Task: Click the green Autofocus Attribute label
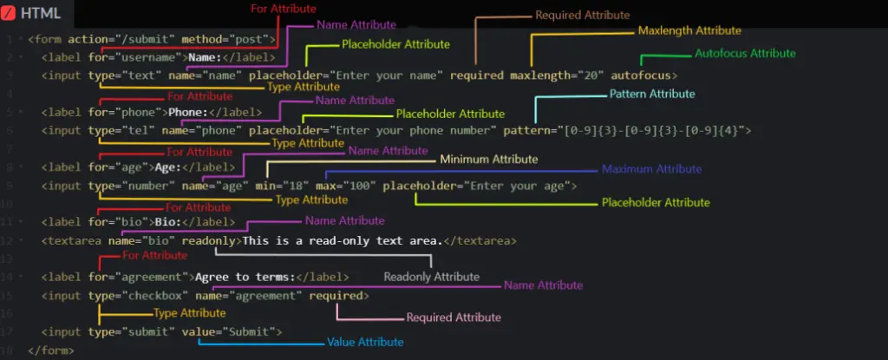coord(745,53)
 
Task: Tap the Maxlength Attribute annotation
coord(689,30)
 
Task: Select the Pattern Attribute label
coord(652,94)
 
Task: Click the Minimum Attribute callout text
coord(489,160)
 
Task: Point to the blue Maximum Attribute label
coord(651,169)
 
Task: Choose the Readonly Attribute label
coord(432,278)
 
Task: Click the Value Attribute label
coord(365,343)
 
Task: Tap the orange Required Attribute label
coord(582,16)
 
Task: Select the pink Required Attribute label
coord(454,317)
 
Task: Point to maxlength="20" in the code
coord(554,75)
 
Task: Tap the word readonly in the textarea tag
coord(208,241)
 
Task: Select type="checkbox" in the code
coord(138,296)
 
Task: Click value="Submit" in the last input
coord(228,332)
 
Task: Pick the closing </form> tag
coord(51,351)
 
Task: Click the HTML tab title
coord(41,13)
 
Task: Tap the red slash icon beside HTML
coord(9,13)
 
